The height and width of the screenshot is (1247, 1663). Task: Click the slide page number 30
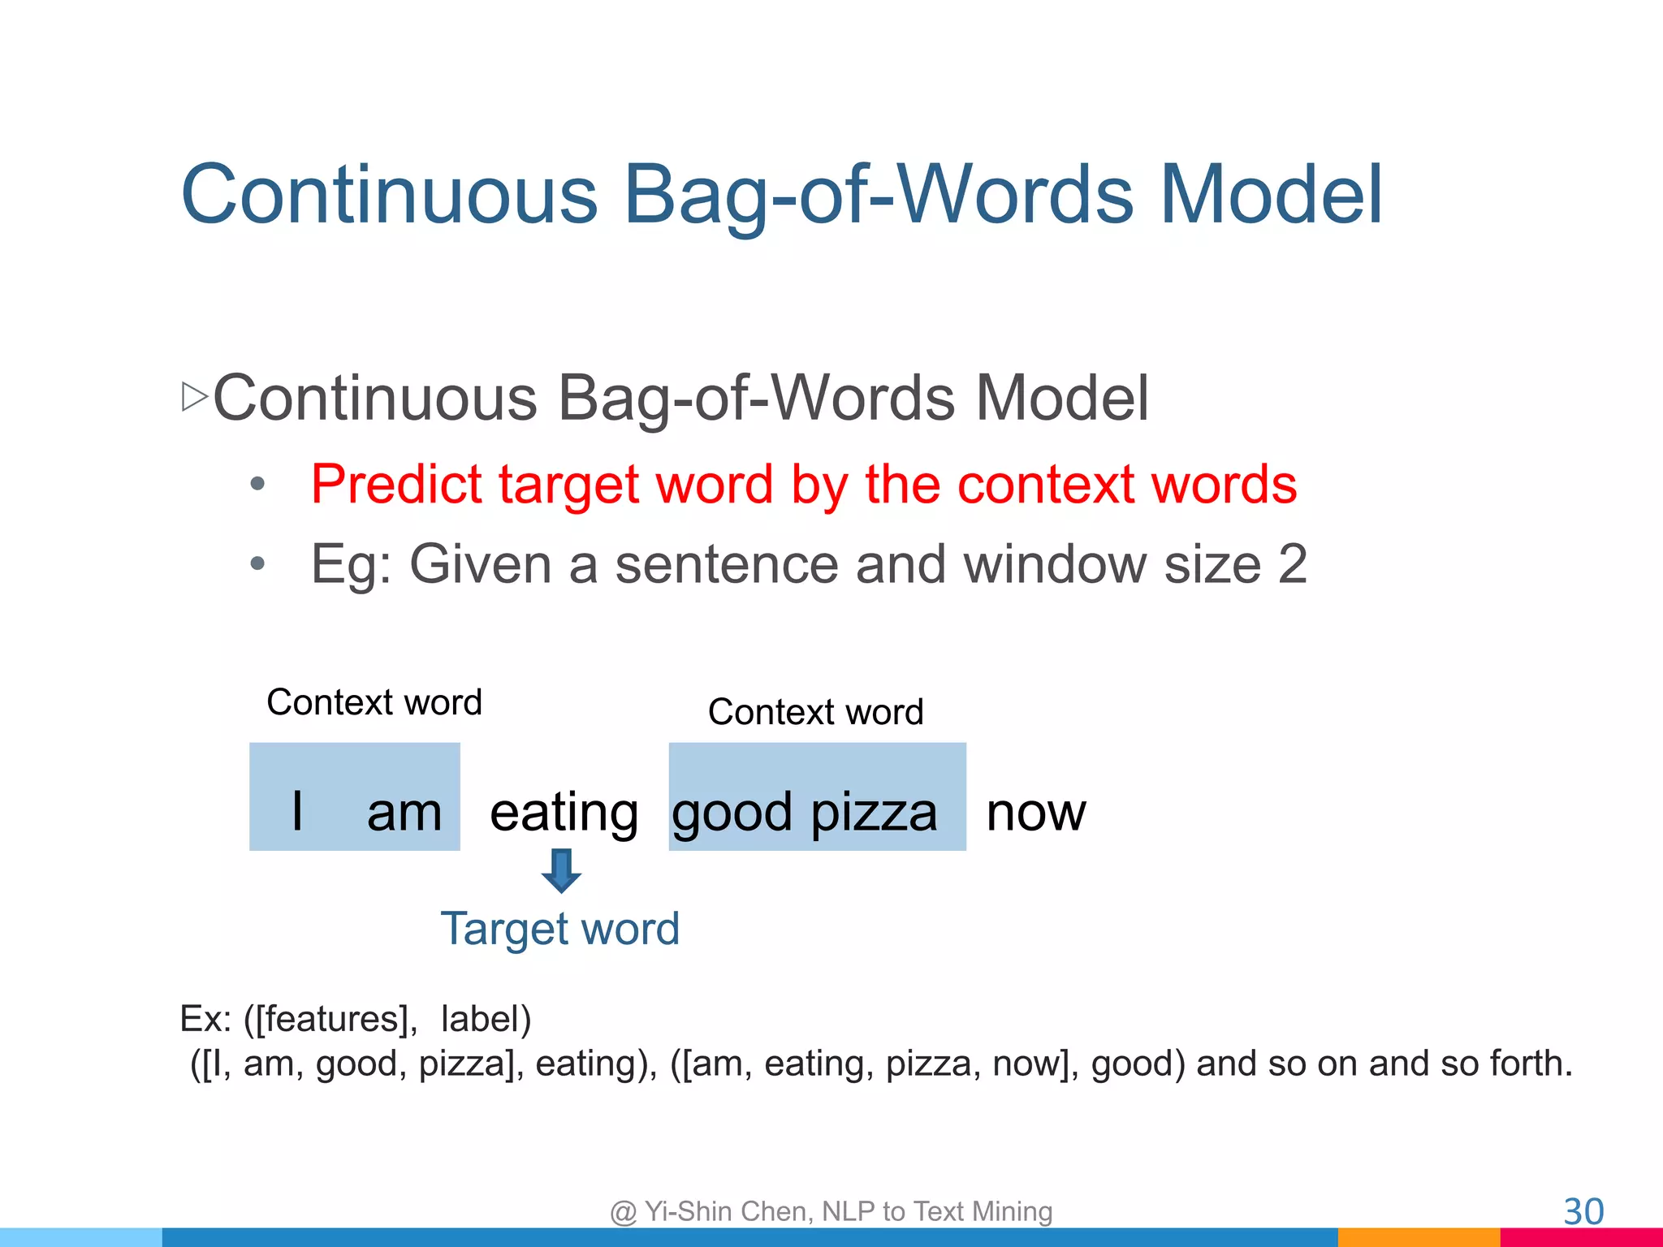coord(1583,1212)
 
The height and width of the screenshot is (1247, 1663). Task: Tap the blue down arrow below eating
coord(561,871)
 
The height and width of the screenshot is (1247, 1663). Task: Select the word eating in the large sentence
coord(564,813)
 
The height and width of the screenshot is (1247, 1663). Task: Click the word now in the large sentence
coord(1035,813)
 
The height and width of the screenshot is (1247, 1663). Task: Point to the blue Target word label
coord(559,928)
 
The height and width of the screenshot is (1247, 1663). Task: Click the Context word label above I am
coord(374,702)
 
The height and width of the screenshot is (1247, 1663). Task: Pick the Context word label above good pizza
coord(815,712)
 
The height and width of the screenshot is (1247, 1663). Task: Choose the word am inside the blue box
coord(404,813)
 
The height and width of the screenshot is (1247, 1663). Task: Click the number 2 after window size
coord(1292,564)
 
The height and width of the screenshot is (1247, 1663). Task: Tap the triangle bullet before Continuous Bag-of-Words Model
coord(195,397)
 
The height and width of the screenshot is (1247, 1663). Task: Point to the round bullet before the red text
coord(257,485)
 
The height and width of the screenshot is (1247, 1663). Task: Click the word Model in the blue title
coord(1271,194)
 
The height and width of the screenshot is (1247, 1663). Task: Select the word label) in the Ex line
coord(486,1019)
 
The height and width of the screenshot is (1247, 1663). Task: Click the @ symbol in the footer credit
coord(623,1212)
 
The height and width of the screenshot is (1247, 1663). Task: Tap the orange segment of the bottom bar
coord(1418,1237)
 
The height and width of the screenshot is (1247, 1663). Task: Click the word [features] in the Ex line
coord(330,1019)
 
